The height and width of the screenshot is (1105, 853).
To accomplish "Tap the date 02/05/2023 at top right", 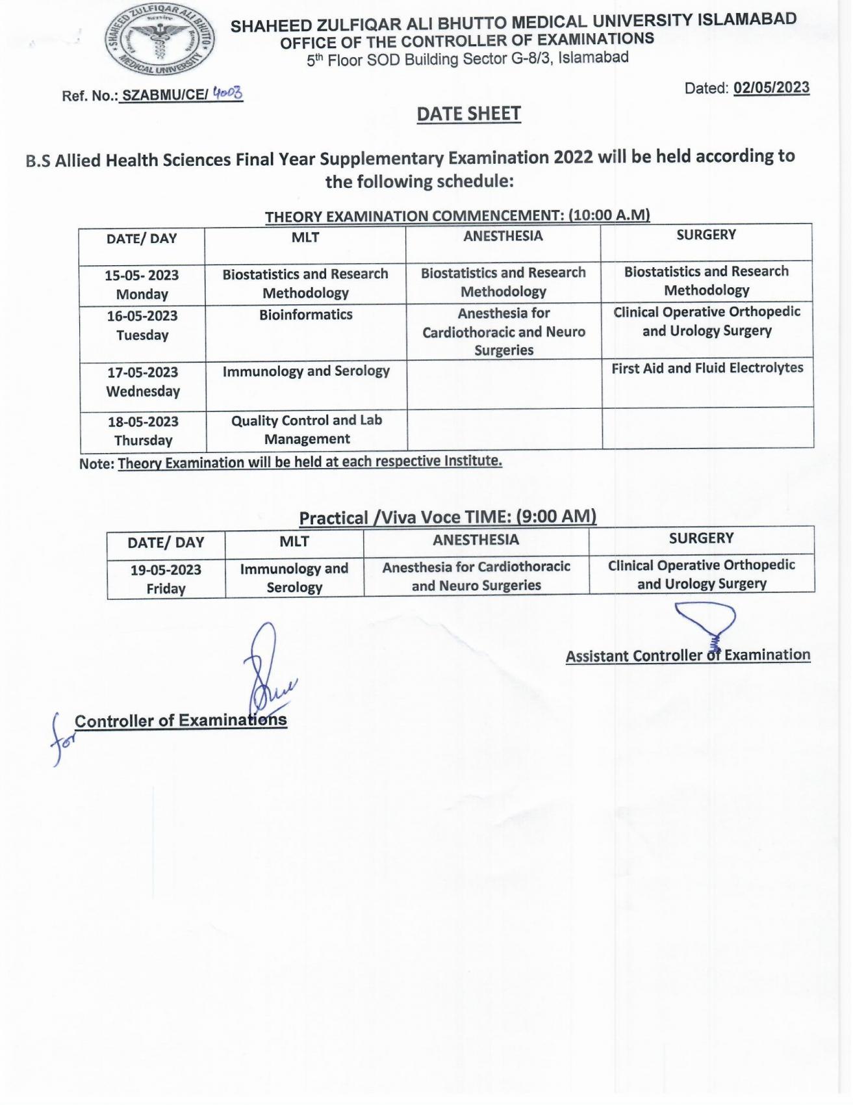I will pyautogui.click(x=771, y=88).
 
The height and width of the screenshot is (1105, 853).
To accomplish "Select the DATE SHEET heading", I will pyautogui.click(x=468, y=114).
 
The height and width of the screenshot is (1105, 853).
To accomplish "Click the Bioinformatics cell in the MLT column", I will pyautogui.click(x=305, y=315).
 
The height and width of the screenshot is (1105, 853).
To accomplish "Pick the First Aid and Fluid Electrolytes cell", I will pyautogui.click(x=707, y=368).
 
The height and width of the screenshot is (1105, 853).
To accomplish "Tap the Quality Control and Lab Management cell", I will pyautogui.click(x=307, y=430).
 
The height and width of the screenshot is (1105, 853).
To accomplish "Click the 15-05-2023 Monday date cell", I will pyautogui.click(x=142, y=285).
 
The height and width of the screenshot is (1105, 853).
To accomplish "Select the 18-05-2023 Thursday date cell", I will pyautogui.click(x=143, y=431).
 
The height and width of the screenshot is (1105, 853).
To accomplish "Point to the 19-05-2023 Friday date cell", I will pyautogui.click(x=166, y=579).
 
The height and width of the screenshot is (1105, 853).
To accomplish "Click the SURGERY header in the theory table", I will pyautogui.click(x=706, y=235).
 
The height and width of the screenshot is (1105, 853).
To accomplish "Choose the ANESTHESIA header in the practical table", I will pyautogui.click(x=476, y=539).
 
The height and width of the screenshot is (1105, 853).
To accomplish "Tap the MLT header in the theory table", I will pyautogui.click(x=305, y=237).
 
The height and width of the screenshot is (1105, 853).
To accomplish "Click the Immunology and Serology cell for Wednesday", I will pyautogui.click(x=306, y=371).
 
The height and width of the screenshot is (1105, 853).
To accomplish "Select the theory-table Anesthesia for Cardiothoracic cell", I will pyautogui.click(x=503, y=331).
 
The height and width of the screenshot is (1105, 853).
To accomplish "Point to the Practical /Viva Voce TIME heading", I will pyautogui.click(x=448, y=517).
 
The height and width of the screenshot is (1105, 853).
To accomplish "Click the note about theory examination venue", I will pyautogui.click(x=290, y=462).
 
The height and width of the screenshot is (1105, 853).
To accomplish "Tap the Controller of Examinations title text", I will pyautogui.click(x=181, y=720).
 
